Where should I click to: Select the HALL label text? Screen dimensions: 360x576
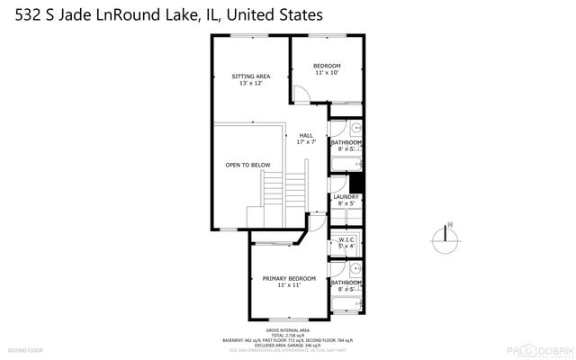(x=306, y=135)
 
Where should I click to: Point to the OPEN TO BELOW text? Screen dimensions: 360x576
(x=247, y=165)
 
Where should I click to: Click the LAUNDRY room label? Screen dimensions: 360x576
(x=346, y=197)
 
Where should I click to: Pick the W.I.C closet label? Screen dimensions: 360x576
(x=346, y=239)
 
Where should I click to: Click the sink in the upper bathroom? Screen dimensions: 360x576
(x=354, y=128)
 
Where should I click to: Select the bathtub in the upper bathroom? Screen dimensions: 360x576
(x=346, y=163)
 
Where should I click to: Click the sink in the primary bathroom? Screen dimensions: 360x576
(x=354, y=267)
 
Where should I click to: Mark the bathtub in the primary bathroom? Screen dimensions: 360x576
(x=346, y=304)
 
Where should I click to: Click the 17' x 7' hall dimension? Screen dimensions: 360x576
(x=306, y=142)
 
